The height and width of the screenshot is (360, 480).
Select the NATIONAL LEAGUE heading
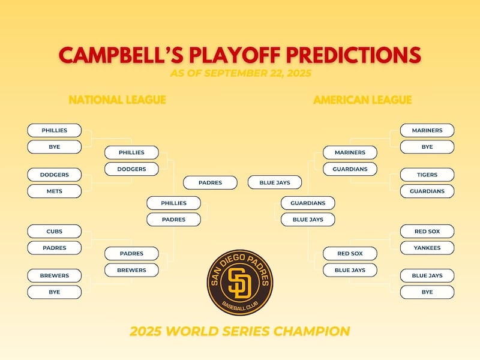tap(117, 100)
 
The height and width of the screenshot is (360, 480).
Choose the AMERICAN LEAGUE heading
tap(362, 100)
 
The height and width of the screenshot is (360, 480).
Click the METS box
tap(55, 191)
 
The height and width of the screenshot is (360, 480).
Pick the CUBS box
tap(55, 232)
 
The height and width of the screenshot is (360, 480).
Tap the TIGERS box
tap(427, 175)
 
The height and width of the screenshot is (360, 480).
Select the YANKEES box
tap(427, 248)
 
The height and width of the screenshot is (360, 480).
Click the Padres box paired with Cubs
tap(55, 248)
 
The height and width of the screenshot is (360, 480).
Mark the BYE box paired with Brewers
tap(55, 292)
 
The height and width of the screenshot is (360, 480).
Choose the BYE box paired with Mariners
tap(427, 147)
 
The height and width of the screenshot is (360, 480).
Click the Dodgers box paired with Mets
tap(55, 175)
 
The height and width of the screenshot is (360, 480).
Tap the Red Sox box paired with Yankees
tap(427, 232)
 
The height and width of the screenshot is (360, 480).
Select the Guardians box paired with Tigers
tap(427, 191)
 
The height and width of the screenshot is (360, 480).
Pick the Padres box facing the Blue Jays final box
tap(210, 182)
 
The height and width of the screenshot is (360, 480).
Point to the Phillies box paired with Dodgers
tap(132, 153)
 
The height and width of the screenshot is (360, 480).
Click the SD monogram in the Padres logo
tap(239, 283)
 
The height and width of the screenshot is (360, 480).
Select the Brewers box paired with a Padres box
tap(132, 270)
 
